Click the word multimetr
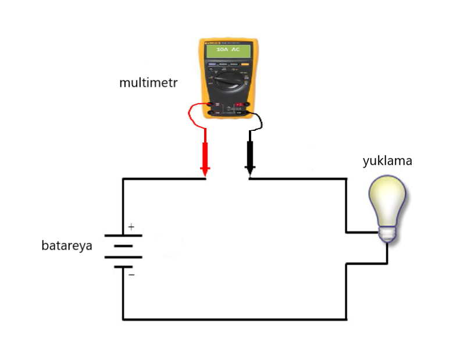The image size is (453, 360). [x=148, y=83]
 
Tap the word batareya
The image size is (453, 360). [x=67, y=245]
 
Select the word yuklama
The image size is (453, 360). [x=387, y=161]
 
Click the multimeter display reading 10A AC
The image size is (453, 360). [x=227, y=51]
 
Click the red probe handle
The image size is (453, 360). [x=205, y=154]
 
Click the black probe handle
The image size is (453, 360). [x=251, y=154]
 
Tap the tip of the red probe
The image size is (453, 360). [x=205, y=174]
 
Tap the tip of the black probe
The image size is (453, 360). [x=250, y=174]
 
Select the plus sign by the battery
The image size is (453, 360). [x=131, y=227]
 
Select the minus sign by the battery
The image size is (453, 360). [x=131, y=274]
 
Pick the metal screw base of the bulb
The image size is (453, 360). [x=388, y=234]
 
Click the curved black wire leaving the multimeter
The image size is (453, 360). [x=260, y=121]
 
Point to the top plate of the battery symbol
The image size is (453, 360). [x=123, y=236]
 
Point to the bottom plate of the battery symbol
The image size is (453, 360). [x=123, y=267]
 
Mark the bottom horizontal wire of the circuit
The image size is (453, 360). [x=233, y=319]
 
